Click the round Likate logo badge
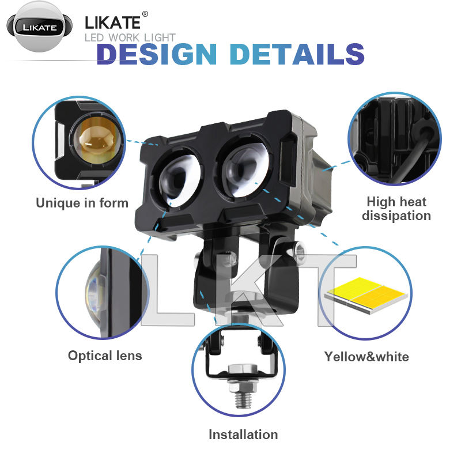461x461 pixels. coord(39,27)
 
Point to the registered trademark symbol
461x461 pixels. coord(145,14)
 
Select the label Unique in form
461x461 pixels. coord(82,203)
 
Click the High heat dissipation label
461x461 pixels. coord(398,209)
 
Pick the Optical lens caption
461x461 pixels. coord(105,355)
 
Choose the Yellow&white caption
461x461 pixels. coord(366,356)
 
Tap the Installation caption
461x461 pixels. coord(243,434)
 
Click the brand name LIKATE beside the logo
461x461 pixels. coord(113,23)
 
